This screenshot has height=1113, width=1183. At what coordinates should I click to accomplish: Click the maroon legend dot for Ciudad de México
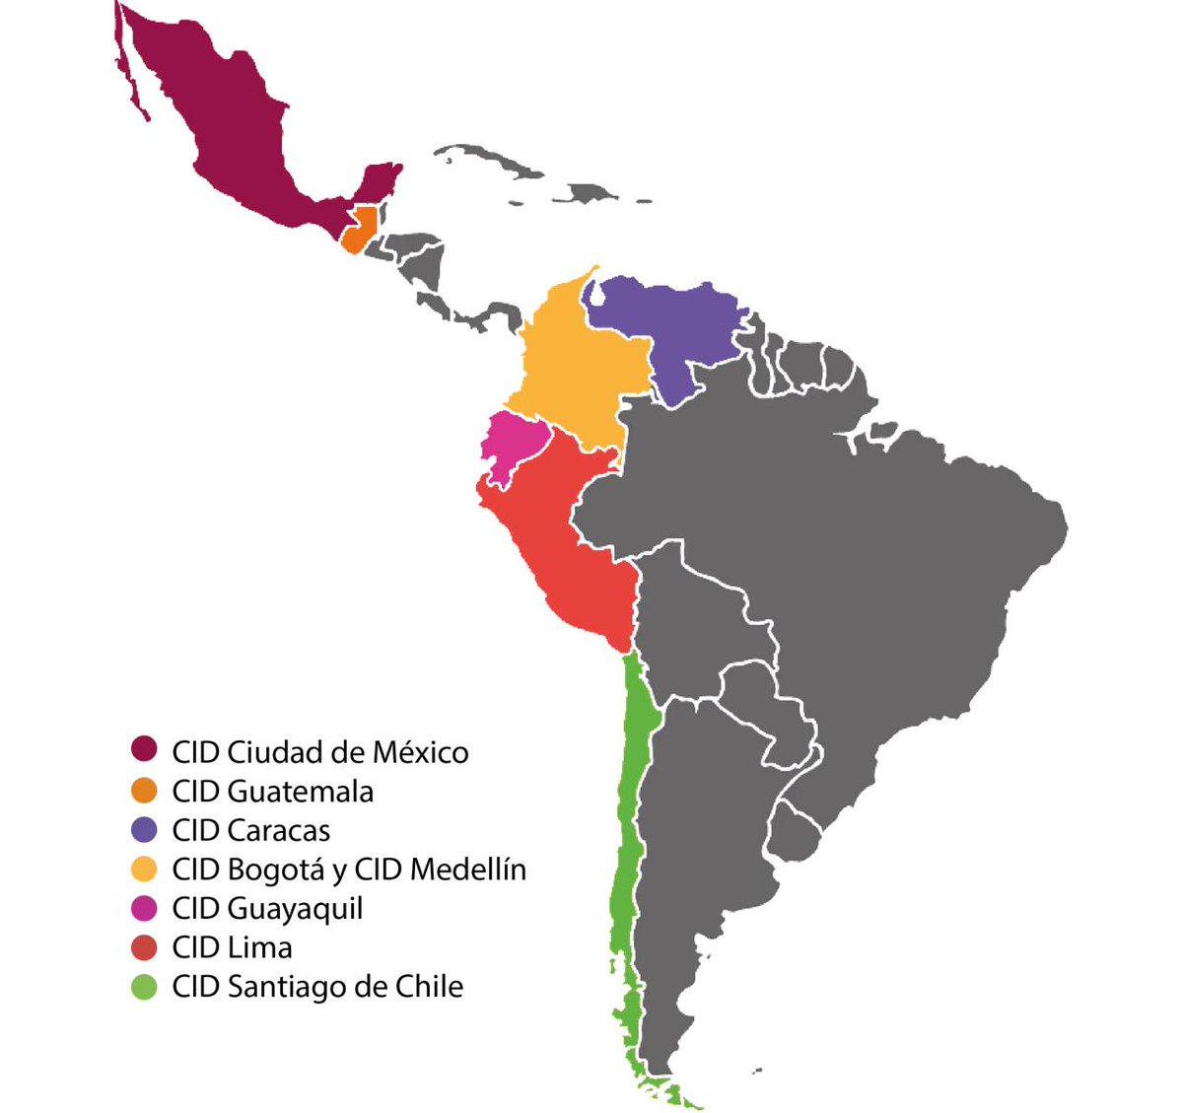click(x=145, y=750)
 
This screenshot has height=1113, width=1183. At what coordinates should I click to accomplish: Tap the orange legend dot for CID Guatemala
click(x=145, y=791)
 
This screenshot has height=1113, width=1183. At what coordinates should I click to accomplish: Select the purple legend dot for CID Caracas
click(x=145, y=830)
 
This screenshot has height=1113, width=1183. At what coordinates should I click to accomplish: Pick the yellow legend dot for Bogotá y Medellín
click(x=145, y=870)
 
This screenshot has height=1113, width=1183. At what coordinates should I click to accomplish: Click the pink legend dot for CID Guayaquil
click(x=145, y=908)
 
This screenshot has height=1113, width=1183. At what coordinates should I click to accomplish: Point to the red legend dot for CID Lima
click(x=145, y=947)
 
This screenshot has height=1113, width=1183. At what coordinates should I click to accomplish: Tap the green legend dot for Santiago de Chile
click(x=145, y=987)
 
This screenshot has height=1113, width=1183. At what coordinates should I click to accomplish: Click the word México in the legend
click(x=420, y=752)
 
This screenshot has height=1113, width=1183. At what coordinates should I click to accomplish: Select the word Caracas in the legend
click(x=279, y=830)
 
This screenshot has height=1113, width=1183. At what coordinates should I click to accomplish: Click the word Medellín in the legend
click(x=468, y=870)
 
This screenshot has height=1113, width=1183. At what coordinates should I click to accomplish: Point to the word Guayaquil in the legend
click(x=295, y=909)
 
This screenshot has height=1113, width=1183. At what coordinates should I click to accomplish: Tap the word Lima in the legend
click(x=260, y=947)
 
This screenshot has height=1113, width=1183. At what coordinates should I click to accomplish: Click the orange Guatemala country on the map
click(x=360, y=231)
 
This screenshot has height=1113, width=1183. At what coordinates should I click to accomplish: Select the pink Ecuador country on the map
click(x=513, y=444)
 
